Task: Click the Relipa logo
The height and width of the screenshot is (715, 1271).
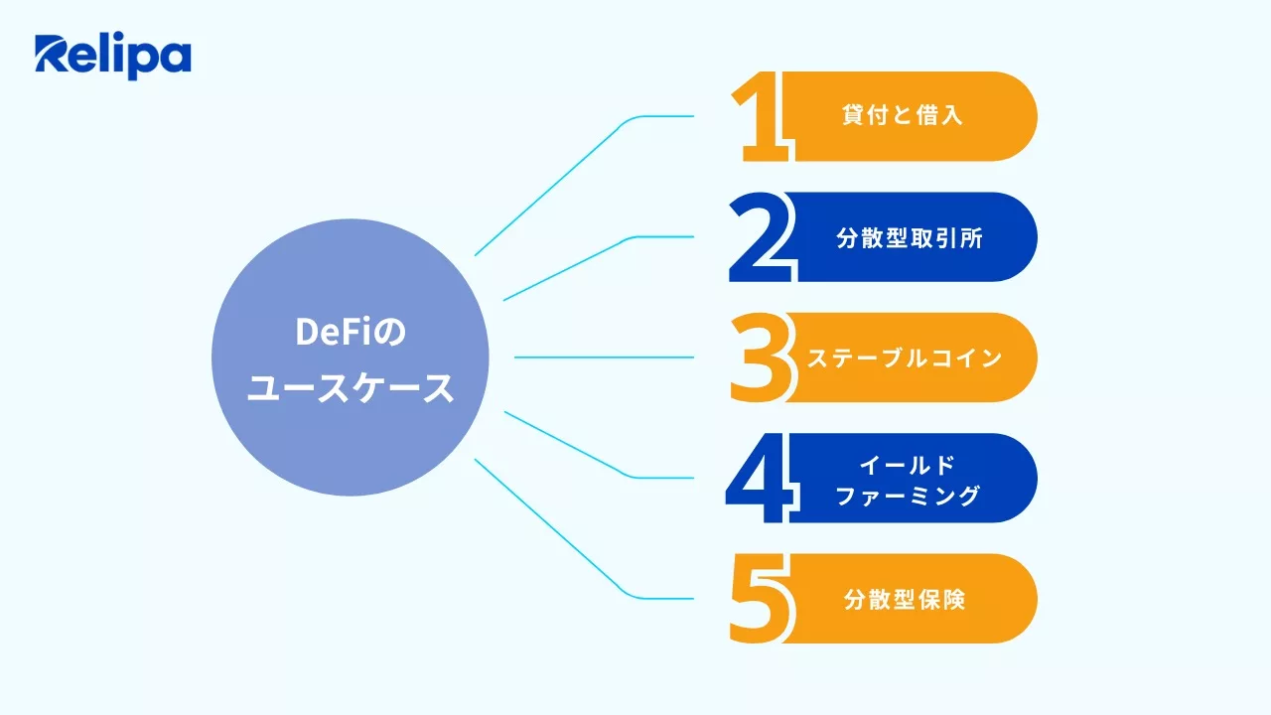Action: click(x=112, y=57)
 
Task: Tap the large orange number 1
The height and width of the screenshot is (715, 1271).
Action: click(x=763, y=117)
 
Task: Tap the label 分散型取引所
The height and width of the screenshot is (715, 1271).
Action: click(x=910, y=238)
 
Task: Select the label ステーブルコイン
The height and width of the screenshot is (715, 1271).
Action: click(x=905, y=358)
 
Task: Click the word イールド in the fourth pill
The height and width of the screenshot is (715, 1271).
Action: click(x=907, y=465)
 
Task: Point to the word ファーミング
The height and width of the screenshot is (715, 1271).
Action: click(x=908, y=495)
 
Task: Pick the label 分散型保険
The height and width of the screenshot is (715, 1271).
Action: click(x=905, y=599)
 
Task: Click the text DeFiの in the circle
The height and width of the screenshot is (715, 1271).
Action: click(x=351, y=334)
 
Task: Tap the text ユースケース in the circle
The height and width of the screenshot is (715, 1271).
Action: click(x=351, y=389)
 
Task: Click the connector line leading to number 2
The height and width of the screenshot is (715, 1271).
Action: click(x=566, y=268)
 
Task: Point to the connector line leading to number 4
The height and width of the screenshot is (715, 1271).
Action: click(x=566, y=444)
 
